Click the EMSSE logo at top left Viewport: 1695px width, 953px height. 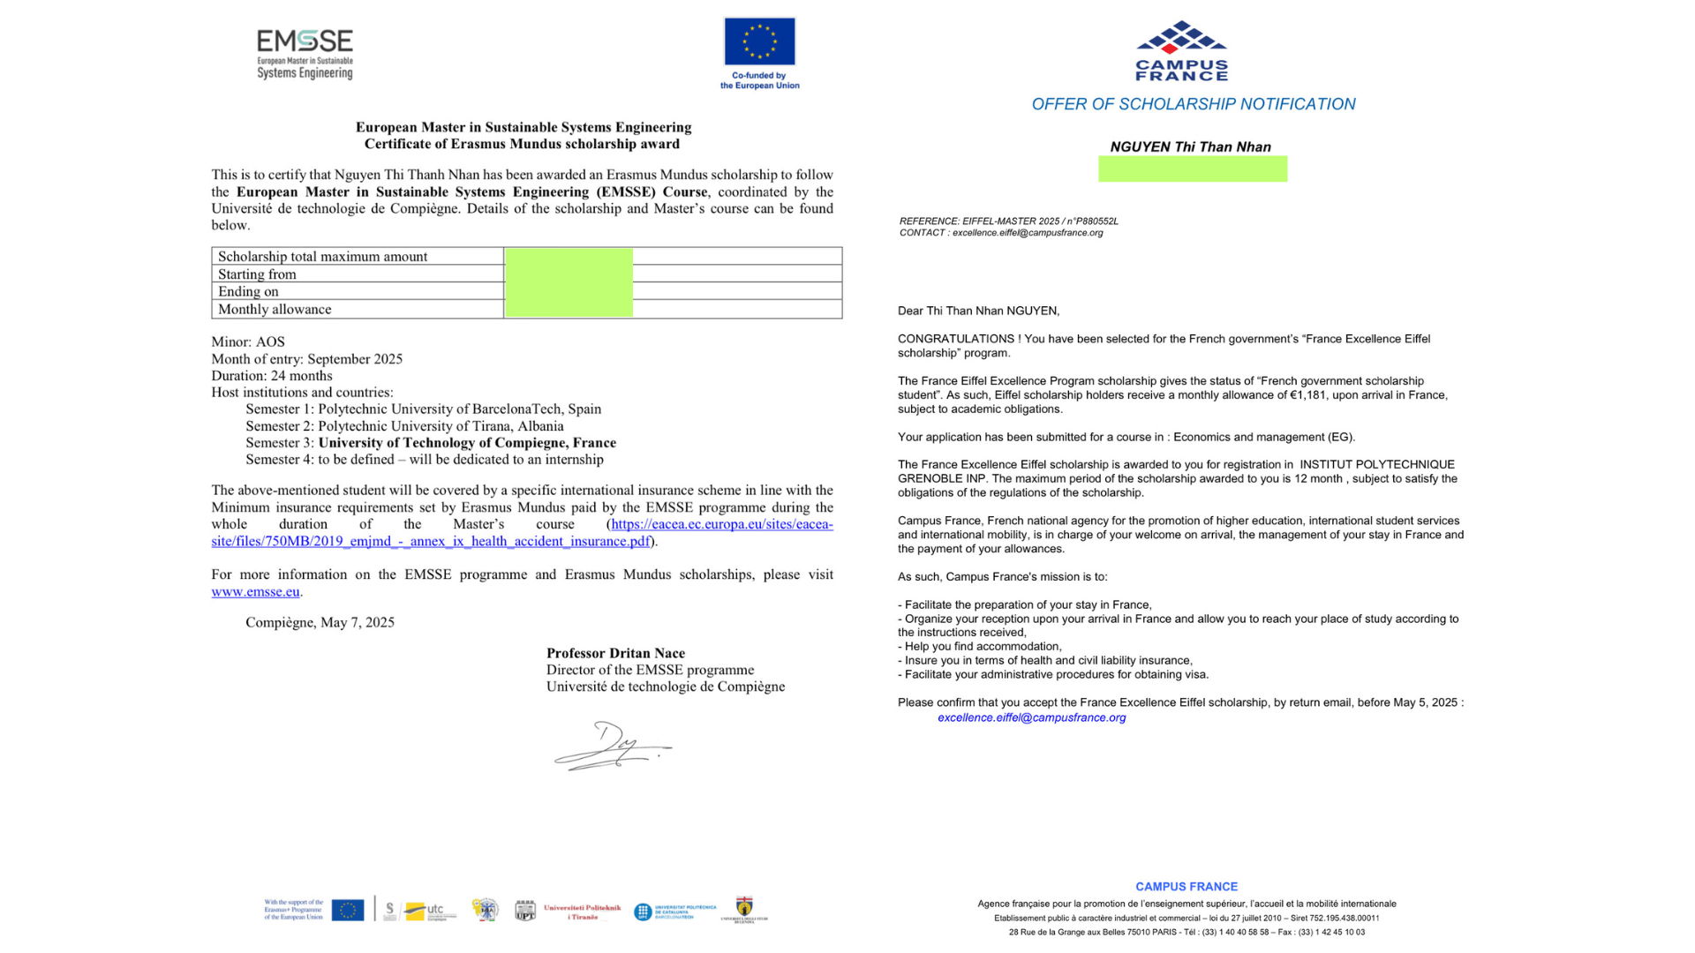(x=305, y=54)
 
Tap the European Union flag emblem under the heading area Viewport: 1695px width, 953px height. (x=759, y=41)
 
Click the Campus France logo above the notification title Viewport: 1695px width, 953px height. (x=1181, y=50)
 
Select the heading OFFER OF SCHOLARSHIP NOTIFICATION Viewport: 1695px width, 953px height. (x=1193, y=104)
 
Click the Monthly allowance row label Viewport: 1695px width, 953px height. (x=275, y=309)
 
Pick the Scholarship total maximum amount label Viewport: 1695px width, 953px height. (x=322, y=256)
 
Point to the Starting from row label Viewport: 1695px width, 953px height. (x=257, y=274)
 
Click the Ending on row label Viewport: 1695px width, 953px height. (x=248, y=291)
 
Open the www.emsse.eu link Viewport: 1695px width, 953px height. (x=255, y=591)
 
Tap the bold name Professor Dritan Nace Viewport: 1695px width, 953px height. (x=615, y=653)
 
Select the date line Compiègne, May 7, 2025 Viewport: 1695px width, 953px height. (x=320, y=622)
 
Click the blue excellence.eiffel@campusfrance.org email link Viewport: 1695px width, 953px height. (x=1031, y=717)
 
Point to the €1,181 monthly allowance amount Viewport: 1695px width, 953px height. (x=1307, y=395)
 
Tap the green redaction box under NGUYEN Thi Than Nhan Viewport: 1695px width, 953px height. (x=1192, y=169)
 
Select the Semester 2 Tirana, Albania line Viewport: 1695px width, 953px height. (x=404, y=425)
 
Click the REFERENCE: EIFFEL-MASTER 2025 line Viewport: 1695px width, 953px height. (x=1008, y=221)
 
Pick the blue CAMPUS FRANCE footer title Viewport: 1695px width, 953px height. (x=1186, y=887)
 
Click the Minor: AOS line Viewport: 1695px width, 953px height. (x=248, y=341)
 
